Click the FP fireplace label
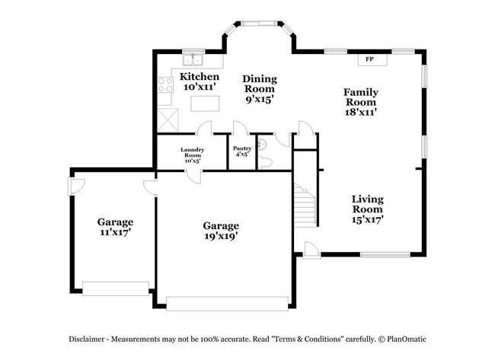click(x=369, y=59)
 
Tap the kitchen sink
click(x=192, y=59)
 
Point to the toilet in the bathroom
click(x=263, y=160)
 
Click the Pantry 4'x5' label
click(x=243, y=151)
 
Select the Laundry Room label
click(x=191, y=155)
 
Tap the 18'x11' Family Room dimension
click(x=361, y=111)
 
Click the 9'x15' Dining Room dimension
click(x=259, y=98)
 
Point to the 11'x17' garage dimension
click(x=115, y=232)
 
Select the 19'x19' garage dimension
click(x=221, y=236)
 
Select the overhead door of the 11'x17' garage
click(x=116, y=288)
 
